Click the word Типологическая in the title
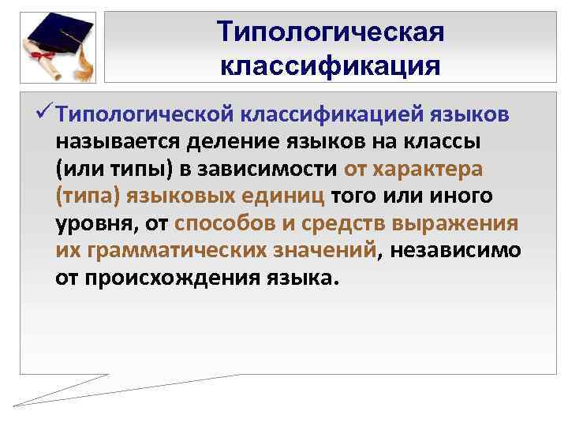331,32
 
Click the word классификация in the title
331,64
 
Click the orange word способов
226,224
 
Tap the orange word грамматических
170,251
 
